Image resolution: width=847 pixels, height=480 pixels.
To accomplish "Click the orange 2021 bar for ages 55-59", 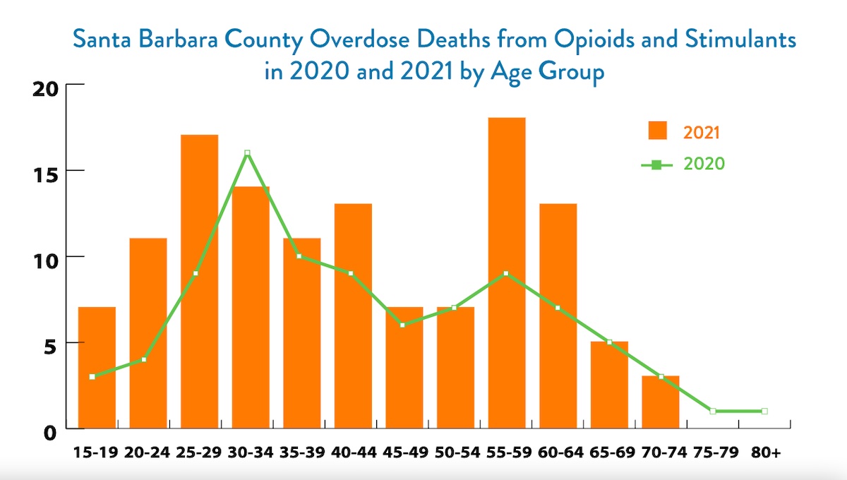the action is click(507, 272).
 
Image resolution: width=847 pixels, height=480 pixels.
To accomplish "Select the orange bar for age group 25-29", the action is click(199, 282).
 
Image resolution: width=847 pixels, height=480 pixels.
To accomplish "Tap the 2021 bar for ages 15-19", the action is click(97, 368).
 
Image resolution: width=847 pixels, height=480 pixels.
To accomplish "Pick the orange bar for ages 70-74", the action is click(661, 402).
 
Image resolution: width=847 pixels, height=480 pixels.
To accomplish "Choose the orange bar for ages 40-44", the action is click(353, 316).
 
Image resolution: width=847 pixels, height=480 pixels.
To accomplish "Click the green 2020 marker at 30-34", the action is click(247, 152).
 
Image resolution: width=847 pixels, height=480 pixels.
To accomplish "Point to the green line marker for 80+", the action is click(764, 411).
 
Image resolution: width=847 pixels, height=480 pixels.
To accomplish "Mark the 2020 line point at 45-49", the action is click(402, 325).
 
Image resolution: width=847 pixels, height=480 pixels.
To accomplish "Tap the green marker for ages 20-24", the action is click(144, 359).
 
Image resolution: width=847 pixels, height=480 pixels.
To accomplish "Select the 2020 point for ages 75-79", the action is click(713, 411).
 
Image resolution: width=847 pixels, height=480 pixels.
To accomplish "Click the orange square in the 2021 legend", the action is click(658, 131).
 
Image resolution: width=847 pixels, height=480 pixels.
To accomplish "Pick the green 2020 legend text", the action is click(704, 164).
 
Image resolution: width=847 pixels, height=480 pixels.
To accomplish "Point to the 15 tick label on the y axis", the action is click(45, 176).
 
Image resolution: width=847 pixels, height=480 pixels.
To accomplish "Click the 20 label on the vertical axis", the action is click(45, 90).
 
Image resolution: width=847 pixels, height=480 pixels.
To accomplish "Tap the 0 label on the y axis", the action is click(50, 433).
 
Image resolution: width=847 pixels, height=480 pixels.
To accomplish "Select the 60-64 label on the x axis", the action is click(560, 452).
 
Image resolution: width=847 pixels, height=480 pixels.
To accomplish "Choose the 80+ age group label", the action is click(766, 452).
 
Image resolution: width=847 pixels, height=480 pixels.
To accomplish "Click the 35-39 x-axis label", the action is click(302, 452).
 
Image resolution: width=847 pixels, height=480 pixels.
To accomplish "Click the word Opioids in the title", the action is click(594, 40).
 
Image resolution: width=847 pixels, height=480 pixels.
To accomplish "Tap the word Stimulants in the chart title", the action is click(740, 40).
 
